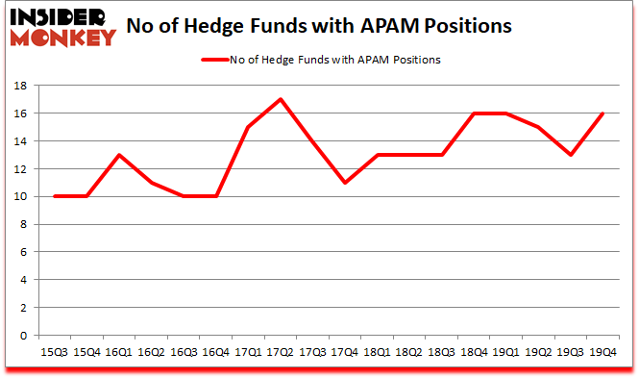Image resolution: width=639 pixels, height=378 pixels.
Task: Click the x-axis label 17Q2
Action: (279, 352)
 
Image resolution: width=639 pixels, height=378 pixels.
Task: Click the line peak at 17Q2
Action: (279, 99)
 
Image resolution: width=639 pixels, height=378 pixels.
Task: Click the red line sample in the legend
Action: (221, 61)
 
